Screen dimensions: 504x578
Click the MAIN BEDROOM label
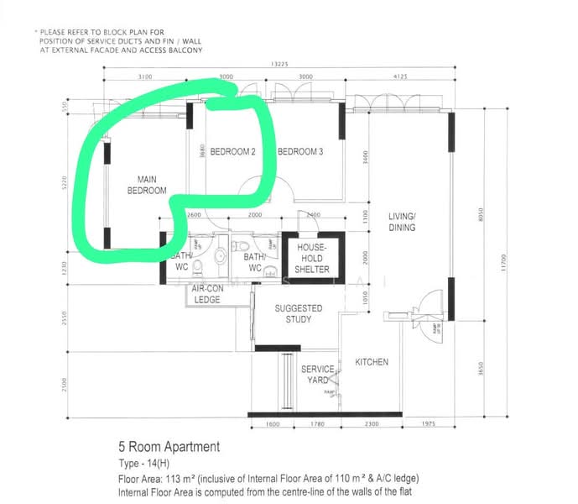(x=142, y=185)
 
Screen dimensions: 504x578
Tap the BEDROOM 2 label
(x=232, y=152)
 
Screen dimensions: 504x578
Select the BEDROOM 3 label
(x=300, y=152)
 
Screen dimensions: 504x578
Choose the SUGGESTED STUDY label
(x=299, y=313)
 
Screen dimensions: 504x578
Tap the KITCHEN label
(x=372, y=362)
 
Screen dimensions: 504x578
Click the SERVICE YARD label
(x=318, y=375)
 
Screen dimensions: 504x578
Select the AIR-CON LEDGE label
(x=207, y=294)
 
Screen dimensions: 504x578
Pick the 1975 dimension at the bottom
(x=428, y=425)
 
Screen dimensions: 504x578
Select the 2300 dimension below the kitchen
(x=372, y=425)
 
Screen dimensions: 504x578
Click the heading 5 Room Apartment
(x=170, y=447)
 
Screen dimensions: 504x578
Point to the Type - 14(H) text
(x=150, y=464)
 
